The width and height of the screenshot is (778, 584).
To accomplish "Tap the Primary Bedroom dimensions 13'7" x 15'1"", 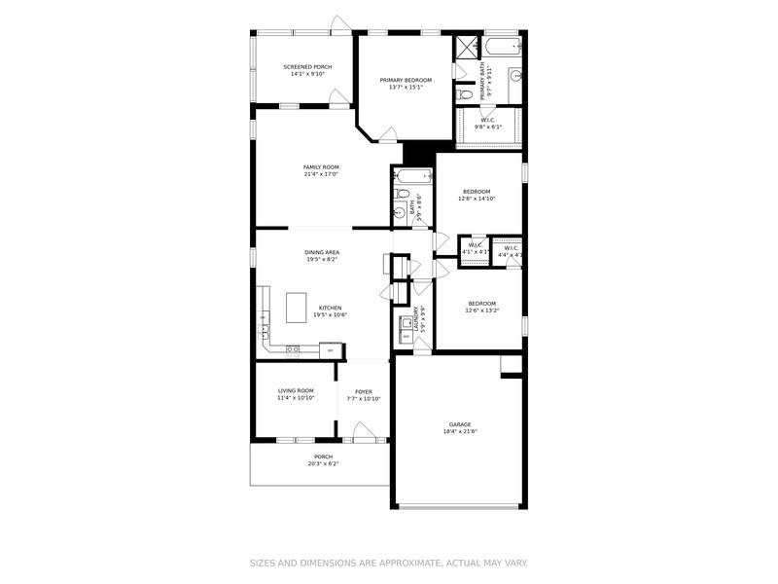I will [x=405, y=88].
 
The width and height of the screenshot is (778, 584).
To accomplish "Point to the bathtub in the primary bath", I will [x=504, y=45].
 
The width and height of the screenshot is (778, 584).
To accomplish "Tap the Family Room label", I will [x=321, y=167].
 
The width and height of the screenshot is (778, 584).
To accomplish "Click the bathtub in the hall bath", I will [x=412, y=177].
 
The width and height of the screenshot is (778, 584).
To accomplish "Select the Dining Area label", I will [x=321, y=252].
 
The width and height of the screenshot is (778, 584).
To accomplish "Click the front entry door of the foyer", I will [x=364, y=435].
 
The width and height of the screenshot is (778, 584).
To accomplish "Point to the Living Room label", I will [x=296, y=390].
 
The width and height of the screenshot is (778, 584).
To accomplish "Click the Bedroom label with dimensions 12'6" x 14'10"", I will [x=477, y=191].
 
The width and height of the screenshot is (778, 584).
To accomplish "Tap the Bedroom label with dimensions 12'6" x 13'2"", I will [x=481, y=303].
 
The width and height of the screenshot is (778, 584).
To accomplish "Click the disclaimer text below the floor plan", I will [x=388, y=563].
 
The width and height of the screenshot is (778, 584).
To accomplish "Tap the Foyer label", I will [x=363, y=390].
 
